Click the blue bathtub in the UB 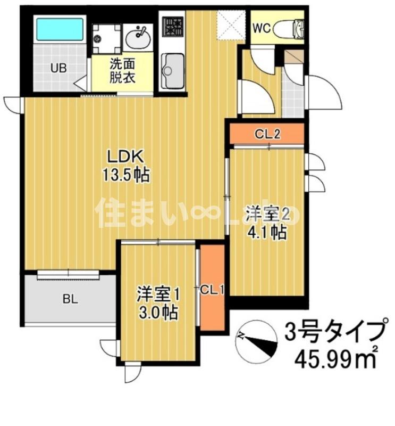click(60, 30)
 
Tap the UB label click(58, 68)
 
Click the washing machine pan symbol click(106, 38)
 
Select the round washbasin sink click(138, 37)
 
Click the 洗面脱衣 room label click(122, 71)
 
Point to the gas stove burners click(173, 27)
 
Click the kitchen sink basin click(173, 71)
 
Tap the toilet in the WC click(289, 28)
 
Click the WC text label click(262, 28)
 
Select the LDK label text click(125, 157)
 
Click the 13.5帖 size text click(125, 175)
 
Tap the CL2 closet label click(267, 134)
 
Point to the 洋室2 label click(268, 215)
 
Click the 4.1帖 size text click(267, 232)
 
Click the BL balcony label click(70, 299)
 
